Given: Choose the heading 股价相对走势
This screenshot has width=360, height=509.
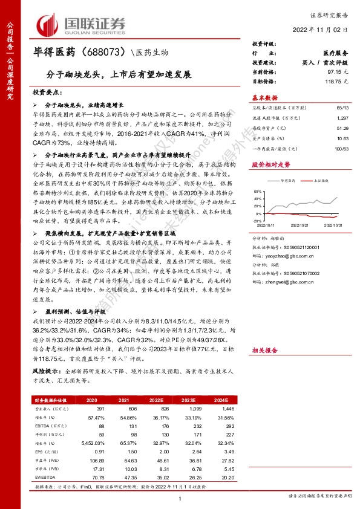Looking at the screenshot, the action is pyautogui.click(x=270, y=164).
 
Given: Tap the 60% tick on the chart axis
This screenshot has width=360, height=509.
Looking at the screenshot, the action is pyautogui.click(x=258, y=190).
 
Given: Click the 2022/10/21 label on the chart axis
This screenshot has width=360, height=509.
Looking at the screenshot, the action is pyautogui.click(x=300, y=225).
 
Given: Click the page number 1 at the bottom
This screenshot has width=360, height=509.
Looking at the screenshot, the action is pyautogui.click(x=180, y=498).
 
